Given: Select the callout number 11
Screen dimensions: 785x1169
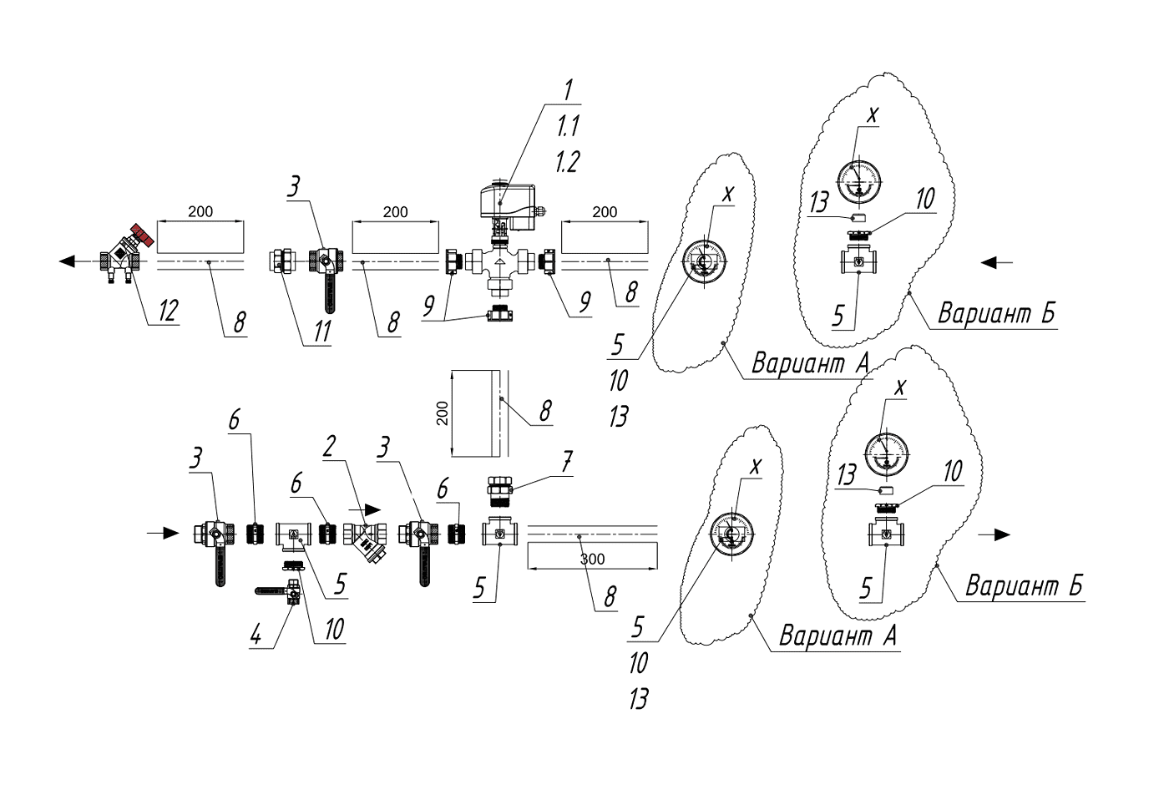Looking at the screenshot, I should pos(321,331).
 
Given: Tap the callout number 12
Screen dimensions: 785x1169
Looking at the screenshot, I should pos(168,311).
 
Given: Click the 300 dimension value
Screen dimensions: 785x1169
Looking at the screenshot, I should pos(592,558).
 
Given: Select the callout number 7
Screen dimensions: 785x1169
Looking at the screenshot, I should pos(567,462).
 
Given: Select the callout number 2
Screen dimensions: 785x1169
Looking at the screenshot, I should pos(329,448).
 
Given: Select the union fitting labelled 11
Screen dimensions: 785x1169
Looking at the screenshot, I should pos(281,261).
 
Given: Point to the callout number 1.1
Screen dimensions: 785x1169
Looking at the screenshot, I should pos(568,126).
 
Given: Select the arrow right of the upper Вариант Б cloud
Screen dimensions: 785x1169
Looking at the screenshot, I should pos(997,262).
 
